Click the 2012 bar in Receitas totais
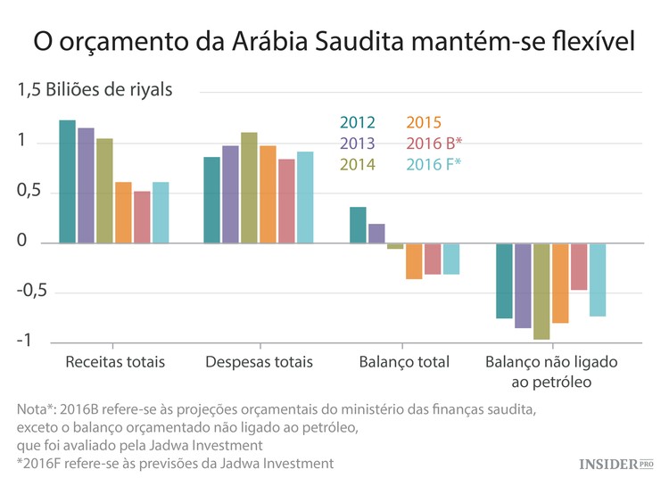67,181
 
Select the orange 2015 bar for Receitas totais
123,212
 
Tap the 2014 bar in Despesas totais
249,187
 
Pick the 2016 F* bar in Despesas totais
305,197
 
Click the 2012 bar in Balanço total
358,225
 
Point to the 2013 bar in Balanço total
376,234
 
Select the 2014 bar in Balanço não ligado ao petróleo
541,291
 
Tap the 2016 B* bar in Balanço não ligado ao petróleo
579,267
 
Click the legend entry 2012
357,123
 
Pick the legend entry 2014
357,164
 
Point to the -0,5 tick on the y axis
33,292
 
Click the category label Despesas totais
259,363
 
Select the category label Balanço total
403,363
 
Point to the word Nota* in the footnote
37,409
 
